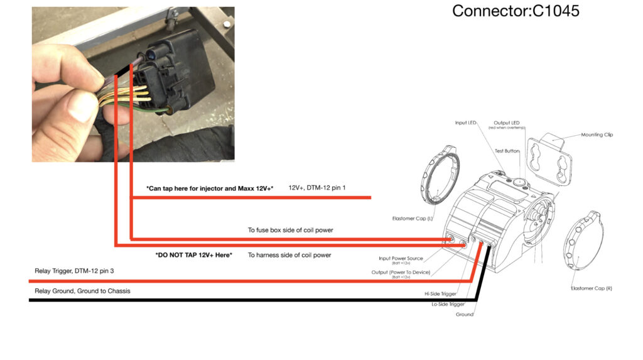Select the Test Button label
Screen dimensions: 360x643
pos(507,151)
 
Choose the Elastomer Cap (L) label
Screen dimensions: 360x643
pos(407,219)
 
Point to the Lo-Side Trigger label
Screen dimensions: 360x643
pos(448,303)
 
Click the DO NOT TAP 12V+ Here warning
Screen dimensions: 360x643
pos(193,254)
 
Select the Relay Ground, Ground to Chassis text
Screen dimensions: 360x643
pos(82,291)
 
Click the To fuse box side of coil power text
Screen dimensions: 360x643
pos(290,230)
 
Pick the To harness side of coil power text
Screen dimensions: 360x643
pos(289,254)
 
